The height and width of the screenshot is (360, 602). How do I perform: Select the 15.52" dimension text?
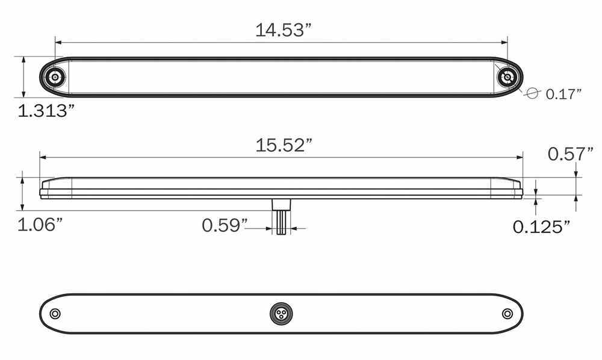pos(283,145)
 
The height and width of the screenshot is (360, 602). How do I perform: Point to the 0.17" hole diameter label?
pos(563,93)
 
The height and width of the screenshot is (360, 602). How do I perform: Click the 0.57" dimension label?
pos(570,155)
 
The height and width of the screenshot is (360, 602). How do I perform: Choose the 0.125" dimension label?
pos(541,226)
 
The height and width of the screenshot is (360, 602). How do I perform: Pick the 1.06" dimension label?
pos(40,225)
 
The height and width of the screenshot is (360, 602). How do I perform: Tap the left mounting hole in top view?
pos(56,77)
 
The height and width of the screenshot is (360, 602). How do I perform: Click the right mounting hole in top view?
pos(507,77)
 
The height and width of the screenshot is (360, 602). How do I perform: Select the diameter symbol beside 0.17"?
pos(531,93)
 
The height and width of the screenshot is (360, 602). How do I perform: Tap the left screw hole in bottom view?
pos(55,314)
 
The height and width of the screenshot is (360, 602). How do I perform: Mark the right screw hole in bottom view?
pos(507,313)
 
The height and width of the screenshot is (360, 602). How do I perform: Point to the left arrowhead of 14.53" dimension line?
pos(58,43)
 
